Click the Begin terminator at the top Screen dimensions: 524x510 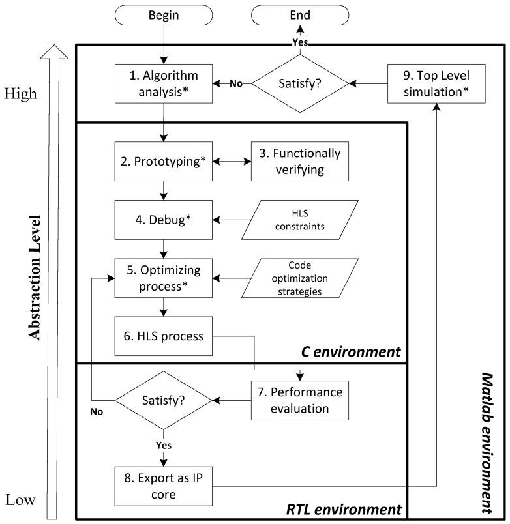click(x=164, y=14)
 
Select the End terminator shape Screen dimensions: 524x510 click(x=300, y=14)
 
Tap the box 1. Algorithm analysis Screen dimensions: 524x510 click(x=164, y=84)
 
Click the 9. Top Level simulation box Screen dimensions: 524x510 click(x=436, y=83)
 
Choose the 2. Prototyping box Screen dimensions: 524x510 click(x=164, y=162)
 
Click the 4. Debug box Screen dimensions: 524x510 click(x=164, y=220)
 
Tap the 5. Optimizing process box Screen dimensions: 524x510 click(x=164, y=278)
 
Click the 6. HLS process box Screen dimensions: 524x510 click(x=164, y=337)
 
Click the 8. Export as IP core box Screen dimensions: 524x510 click(x=164, y=485)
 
